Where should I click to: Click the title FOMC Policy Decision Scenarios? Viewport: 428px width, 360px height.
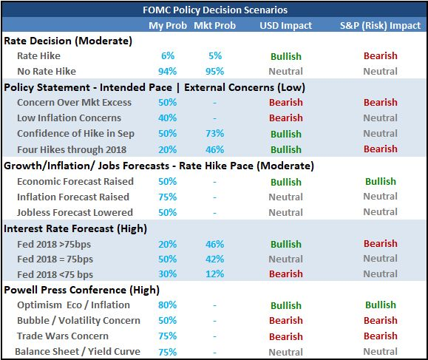[215, 10]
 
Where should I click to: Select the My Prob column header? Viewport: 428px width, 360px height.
[168, 26]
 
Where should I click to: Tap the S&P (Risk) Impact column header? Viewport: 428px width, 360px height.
[380, 26]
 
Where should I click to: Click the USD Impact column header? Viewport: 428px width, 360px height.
[286, 26]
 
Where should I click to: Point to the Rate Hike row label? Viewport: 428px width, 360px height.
[38, 56]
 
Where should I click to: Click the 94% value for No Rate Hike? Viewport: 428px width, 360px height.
[168, 72]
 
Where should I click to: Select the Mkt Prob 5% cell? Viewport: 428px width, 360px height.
[215, 56]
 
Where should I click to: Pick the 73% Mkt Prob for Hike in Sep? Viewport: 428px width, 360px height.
[215, 134]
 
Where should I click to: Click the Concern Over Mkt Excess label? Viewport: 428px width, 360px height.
[74, 103]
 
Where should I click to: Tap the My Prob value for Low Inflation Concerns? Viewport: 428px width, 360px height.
[168, 118]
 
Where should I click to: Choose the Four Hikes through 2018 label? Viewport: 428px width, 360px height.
[72, 150]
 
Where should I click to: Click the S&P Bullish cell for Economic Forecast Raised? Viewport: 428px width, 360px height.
[381, 182]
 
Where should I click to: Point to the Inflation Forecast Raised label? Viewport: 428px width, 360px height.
[73, 197]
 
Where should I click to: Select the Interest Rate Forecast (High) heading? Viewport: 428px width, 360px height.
[75, 228]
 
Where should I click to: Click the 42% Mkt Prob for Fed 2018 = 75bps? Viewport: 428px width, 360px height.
[215, 259]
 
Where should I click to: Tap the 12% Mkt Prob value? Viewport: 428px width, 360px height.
[215, 274]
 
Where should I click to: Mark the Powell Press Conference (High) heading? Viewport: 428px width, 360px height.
[81, 290]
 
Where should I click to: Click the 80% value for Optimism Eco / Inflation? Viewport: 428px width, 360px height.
[168, 305]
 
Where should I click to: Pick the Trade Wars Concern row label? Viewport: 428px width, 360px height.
[63, 336]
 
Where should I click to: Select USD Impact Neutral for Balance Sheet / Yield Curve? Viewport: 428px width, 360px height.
[286, 353]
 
